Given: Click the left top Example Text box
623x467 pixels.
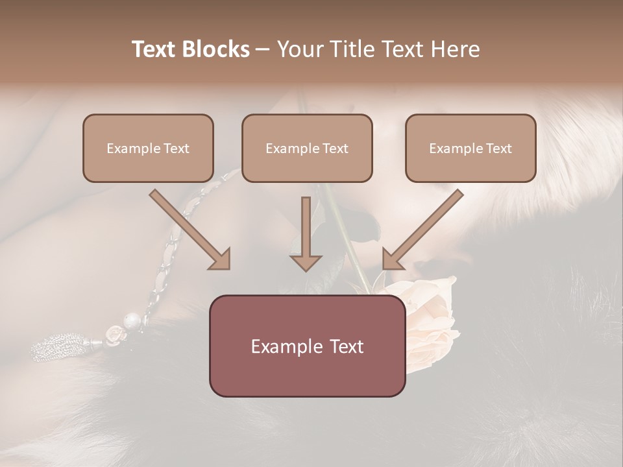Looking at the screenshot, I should click(x=148, y=148).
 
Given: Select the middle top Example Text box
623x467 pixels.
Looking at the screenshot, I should click(x=307, y=148).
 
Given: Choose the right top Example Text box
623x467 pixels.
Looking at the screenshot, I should click(x=470, y=148).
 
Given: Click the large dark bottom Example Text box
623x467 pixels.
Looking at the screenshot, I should click(x=307, y=346).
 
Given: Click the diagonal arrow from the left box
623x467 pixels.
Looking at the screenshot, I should click(x=191, y=231).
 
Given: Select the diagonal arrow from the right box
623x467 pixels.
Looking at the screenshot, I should click(x=422, y=230).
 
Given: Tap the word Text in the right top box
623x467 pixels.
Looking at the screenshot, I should click(x=498, y=149).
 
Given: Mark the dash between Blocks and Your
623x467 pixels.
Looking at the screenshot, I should click(x=263, y=49).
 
